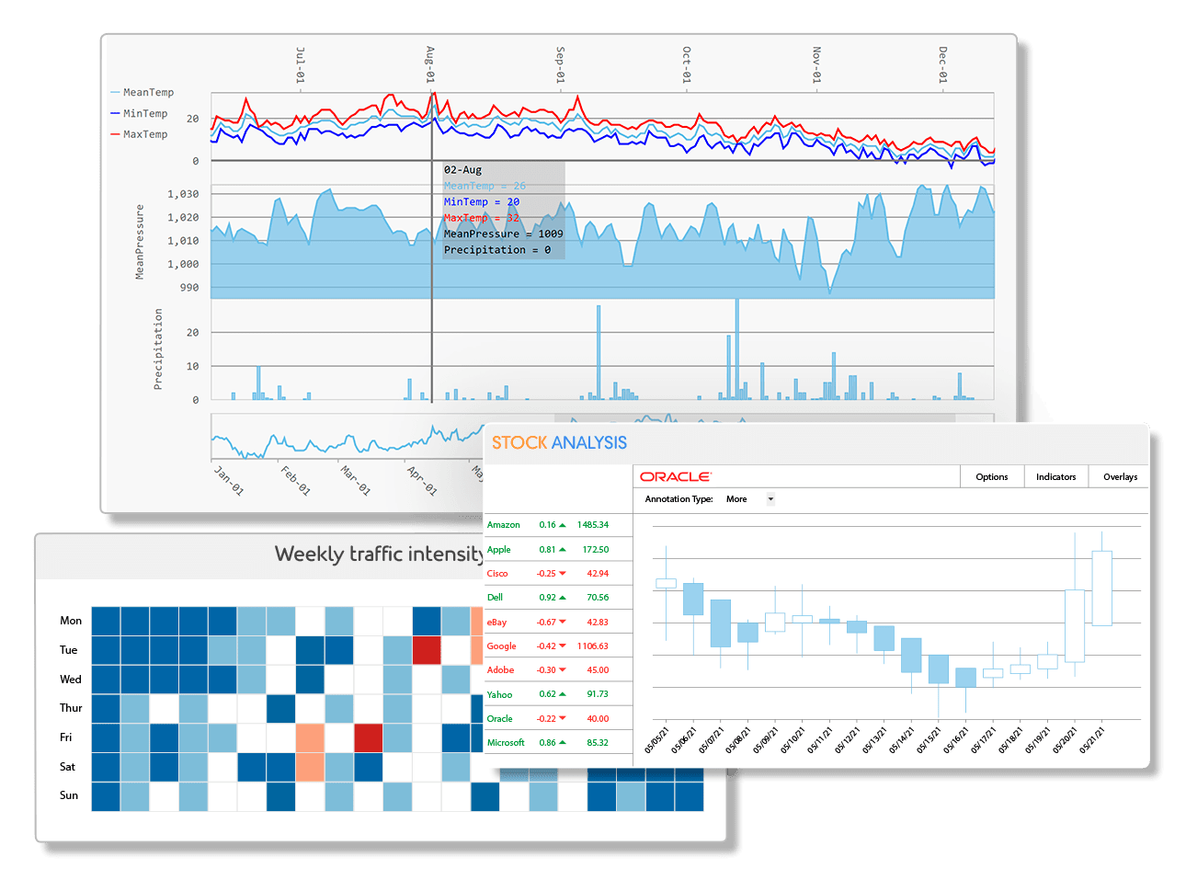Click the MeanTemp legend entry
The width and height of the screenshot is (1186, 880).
147,93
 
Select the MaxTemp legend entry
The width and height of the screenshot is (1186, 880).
144,134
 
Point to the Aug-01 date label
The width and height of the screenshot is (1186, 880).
430,65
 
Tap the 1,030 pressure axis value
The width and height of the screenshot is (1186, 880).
183,194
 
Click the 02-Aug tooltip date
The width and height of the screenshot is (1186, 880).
462,170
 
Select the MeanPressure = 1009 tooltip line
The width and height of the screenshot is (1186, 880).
503,234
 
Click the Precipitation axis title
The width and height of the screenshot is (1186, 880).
158,349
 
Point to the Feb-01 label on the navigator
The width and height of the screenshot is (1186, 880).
295,479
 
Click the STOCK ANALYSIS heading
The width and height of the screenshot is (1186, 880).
559,443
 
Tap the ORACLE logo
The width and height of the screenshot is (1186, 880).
675,477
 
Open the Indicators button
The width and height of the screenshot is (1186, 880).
1055,477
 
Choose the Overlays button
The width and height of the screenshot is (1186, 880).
1120,477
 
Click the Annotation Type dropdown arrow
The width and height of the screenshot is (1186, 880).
770,499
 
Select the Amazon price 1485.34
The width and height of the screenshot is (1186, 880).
593,525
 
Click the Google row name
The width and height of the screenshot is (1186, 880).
501,646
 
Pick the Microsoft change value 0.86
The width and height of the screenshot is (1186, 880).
547,743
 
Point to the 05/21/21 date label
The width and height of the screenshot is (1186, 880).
1091,739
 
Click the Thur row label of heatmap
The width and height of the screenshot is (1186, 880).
71,708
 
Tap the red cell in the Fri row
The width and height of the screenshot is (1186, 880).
368,737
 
